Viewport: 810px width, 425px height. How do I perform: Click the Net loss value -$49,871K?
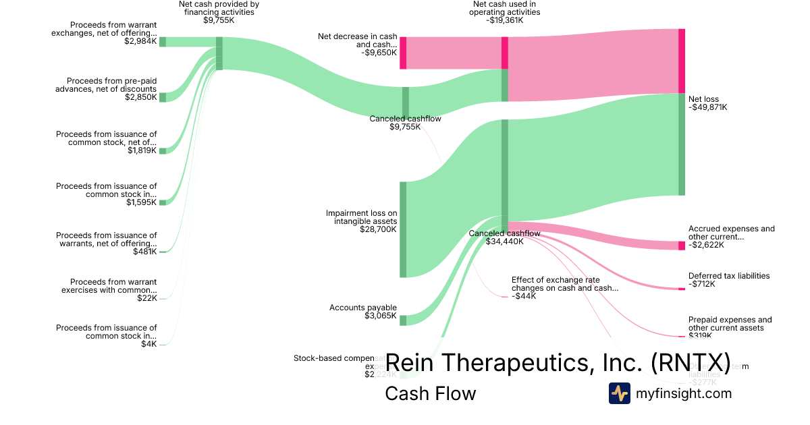(707, 107)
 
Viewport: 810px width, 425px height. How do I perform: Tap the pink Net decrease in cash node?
(403, 53)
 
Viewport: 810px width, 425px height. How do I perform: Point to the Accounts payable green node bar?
(403, 320)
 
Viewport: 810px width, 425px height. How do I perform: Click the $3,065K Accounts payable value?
(381, 316)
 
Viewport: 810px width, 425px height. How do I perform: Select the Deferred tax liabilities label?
(729, 275)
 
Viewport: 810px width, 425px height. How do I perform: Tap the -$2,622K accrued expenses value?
(707, 245)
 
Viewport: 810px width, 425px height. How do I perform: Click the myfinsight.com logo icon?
(619, 393)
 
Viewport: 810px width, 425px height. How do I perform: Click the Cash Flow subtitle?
(430, 393)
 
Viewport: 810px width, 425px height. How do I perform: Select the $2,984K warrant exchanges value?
(140, 41)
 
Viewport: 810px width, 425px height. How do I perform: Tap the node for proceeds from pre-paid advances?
(163, 97)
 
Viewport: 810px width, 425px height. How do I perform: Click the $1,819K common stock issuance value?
(142, 150)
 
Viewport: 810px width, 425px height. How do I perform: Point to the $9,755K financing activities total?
(219, 20)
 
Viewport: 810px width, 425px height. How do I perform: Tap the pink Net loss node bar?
(682, 61)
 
